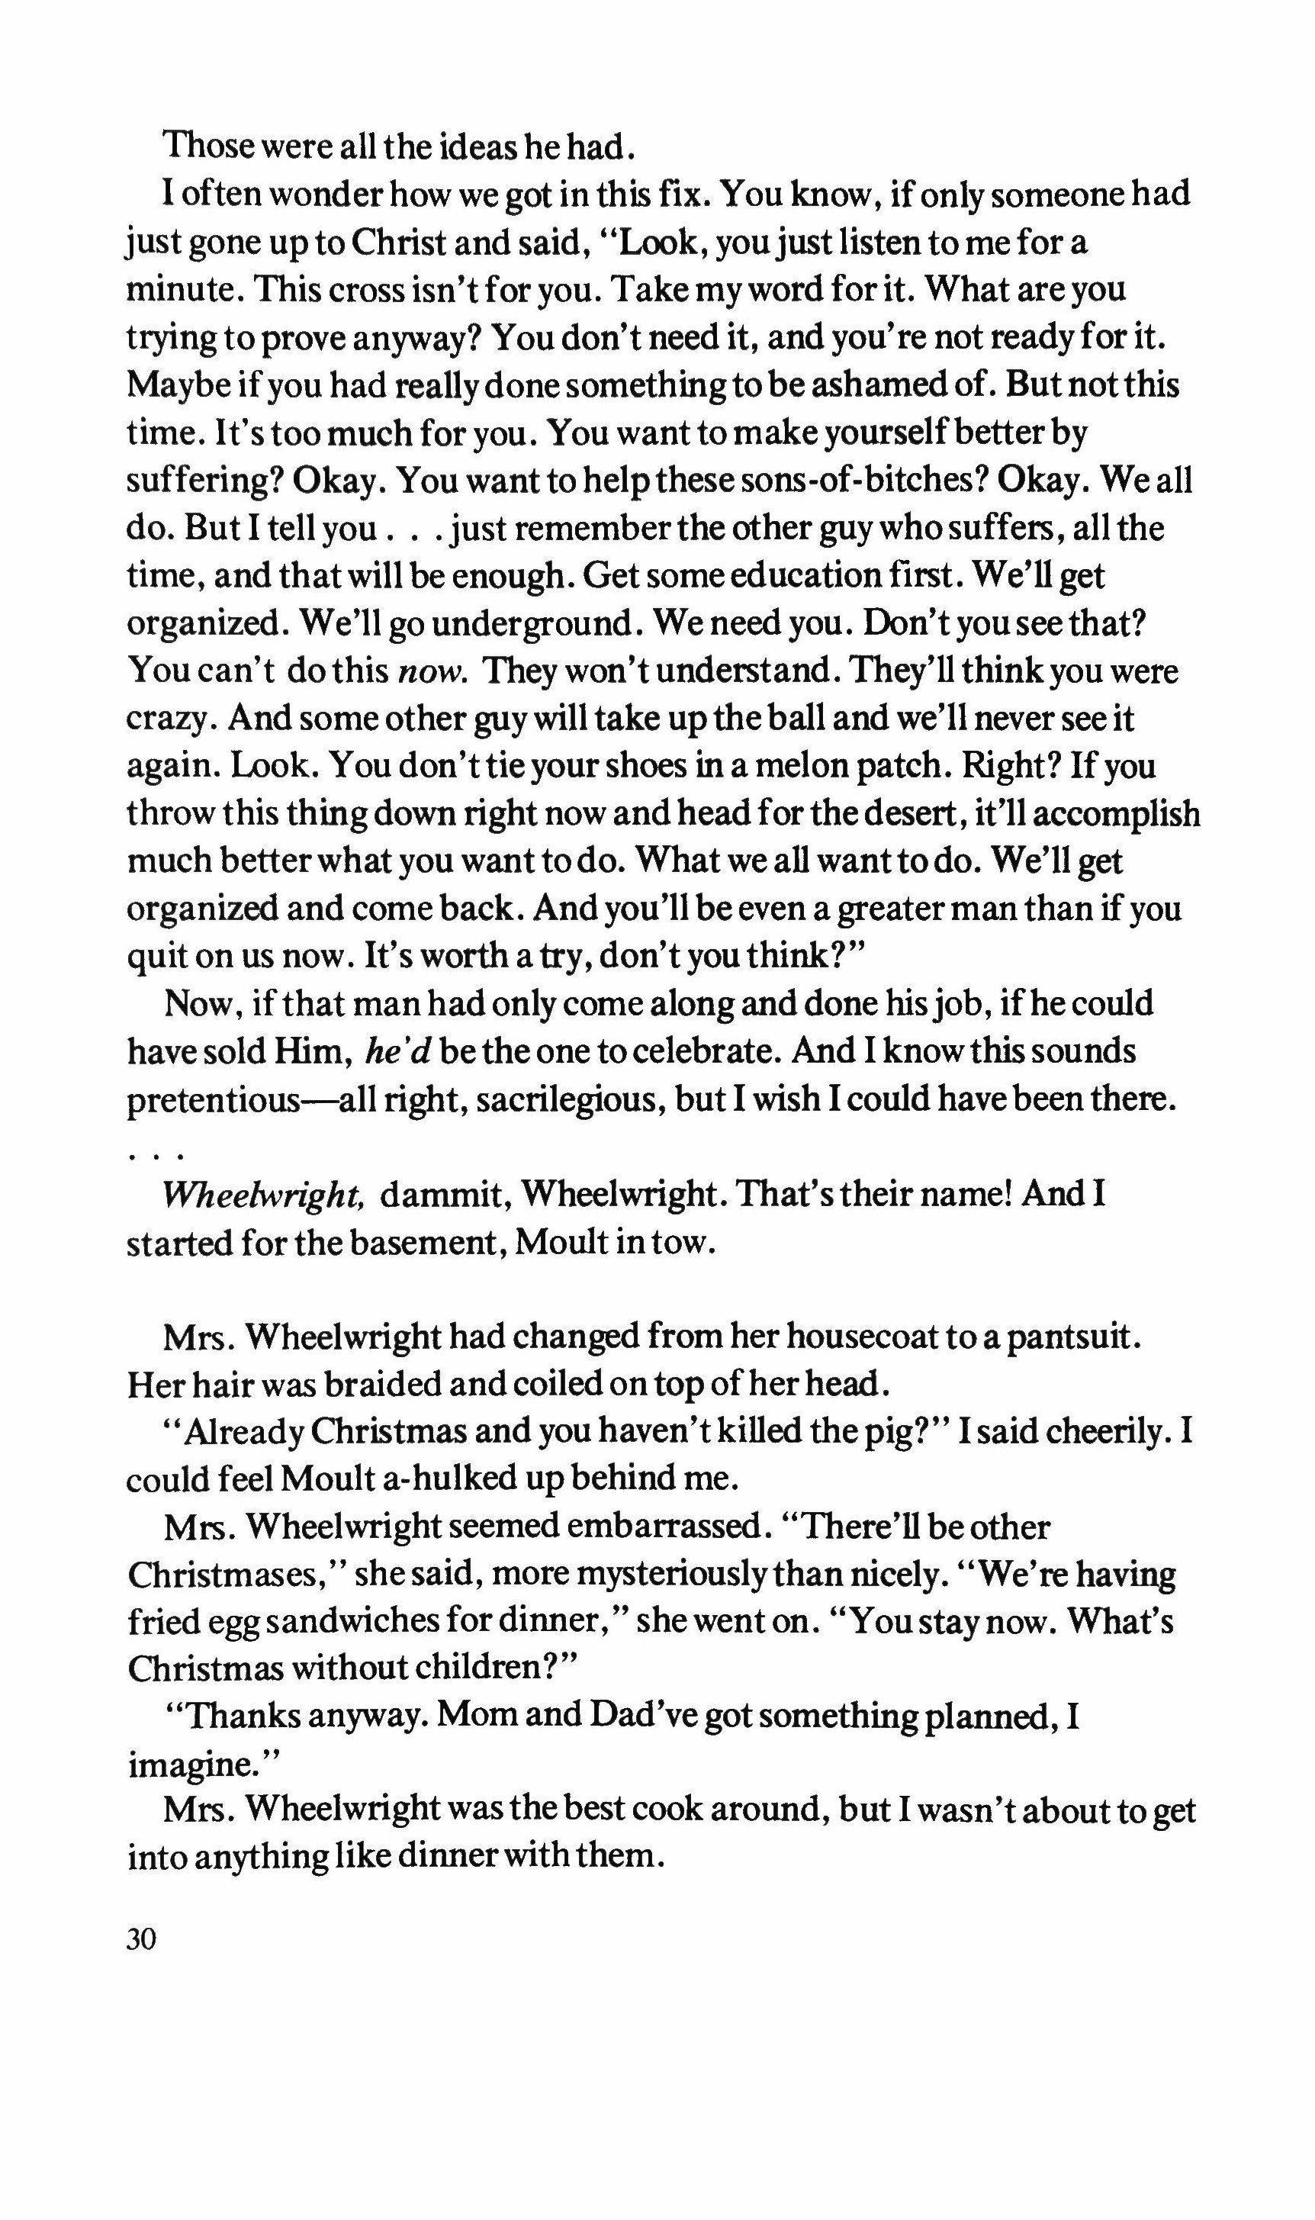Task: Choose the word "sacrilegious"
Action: (x=552, y=1101)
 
